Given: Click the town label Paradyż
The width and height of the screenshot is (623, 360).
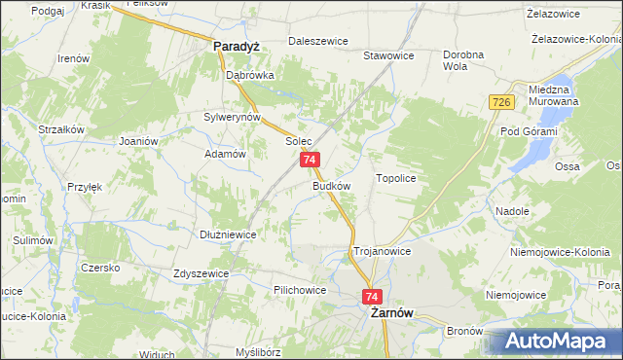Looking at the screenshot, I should (235, 45).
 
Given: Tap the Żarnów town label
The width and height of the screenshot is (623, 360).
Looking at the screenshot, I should (388, 314).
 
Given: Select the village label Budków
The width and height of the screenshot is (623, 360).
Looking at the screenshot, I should (331, 184).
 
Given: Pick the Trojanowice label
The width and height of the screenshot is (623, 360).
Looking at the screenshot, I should (382, 251).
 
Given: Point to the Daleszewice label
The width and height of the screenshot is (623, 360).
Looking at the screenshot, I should (318, 42).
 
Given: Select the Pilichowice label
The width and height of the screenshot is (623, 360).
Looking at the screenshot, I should (300, 290).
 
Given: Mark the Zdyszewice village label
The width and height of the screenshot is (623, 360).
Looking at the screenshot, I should (201, 273).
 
